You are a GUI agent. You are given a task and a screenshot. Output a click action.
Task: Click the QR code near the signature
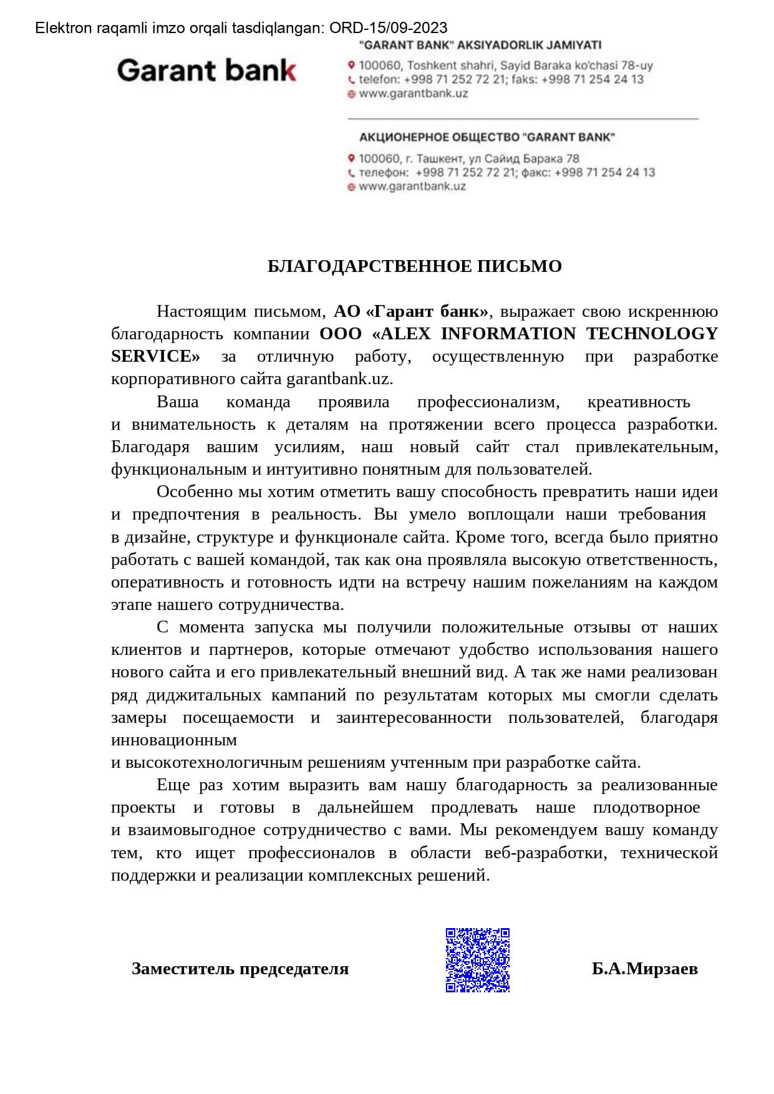(478, 960)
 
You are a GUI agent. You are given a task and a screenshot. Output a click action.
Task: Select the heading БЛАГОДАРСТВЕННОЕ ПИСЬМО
(415, 266)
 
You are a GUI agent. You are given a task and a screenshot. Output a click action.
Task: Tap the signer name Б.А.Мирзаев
(645, 969)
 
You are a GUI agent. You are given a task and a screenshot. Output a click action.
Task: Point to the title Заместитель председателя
(240, 969)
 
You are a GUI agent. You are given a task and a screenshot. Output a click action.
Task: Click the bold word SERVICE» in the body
(155, 356)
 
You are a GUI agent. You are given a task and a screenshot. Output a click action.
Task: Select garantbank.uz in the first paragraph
(339, 379)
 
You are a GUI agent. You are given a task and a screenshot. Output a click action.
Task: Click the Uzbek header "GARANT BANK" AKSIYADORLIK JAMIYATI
(481, 45)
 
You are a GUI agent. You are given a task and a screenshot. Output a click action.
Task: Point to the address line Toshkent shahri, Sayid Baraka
(506, 65)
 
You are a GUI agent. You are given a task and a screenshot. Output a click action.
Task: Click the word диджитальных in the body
(204, 695)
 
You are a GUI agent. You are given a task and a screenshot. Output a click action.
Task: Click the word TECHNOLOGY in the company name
(652, 334)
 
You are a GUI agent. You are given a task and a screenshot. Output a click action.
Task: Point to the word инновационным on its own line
(174, 740)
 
